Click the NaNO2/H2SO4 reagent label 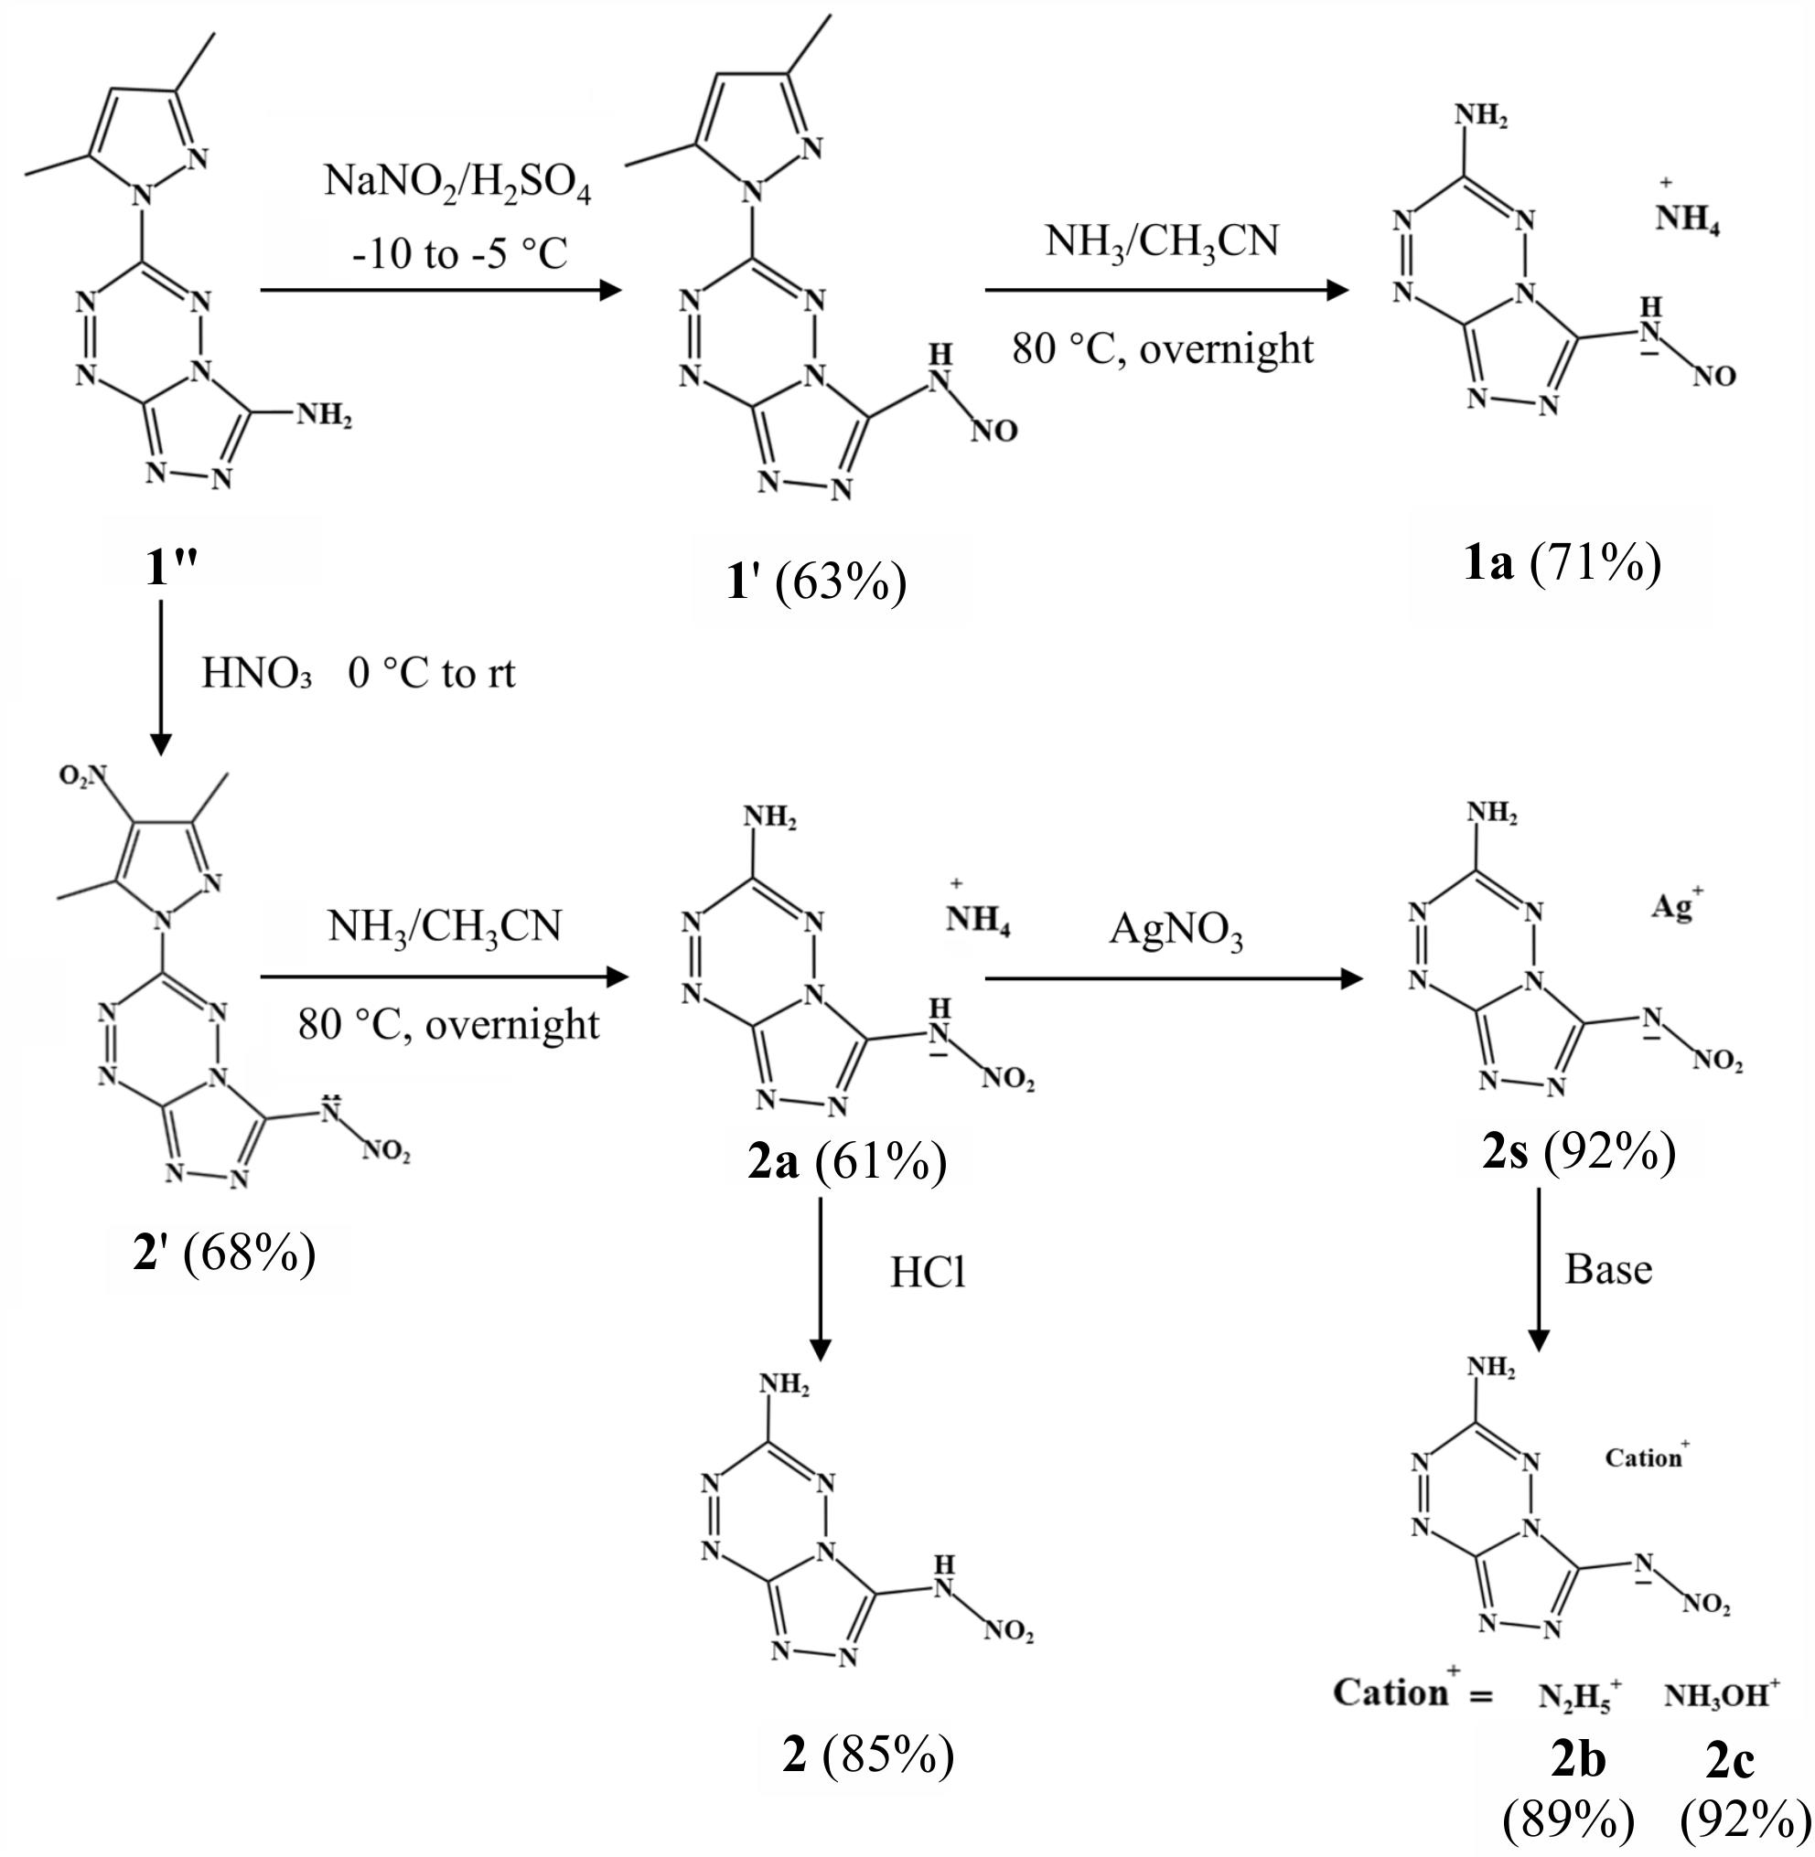pos(456,183)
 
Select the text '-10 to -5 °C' pos(458,254)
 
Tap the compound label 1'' pos(172,568)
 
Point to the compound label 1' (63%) pos(816,582)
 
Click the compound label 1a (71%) pos(1563,562)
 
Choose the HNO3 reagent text pos(256,674)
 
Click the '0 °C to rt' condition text pos(432,674)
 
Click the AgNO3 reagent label pos(1176,930)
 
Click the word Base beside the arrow pos(1608,1269)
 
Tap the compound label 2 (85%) pos(867,1754)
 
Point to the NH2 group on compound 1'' pos(323,415)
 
